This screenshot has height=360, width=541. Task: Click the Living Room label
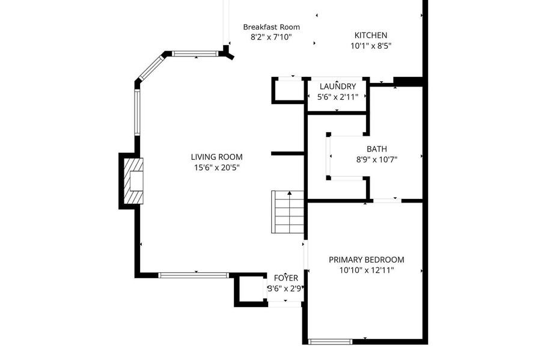[x=216, y=157]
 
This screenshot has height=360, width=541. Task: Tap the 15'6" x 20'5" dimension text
[x=216, y=168]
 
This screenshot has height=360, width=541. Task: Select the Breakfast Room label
[x=271, y=27]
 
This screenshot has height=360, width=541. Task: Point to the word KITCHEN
[x=370, y=35]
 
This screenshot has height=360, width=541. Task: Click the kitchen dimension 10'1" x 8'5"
[x=371, y=46]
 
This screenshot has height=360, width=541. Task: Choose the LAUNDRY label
[x=337, y=86]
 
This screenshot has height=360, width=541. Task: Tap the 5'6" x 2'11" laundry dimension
[x=337, y=97]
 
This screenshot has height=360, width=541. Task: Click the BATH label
[x=376, y=149]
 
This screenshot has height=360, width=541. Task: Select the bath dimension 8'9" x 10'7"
[x=376, y=160]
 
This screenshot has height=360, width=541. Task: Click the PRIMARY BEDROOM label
[x=366, y=260]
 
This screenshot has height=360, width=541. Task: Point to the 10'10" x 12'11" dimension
[x=367, y=270]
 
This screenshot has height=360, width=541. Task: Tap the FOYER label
[x=286, y=278]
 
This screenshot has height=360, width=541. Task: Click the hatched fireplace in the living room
[x=133, y=181]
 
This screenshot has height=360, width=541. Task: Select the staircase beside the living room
[x=287, y=212]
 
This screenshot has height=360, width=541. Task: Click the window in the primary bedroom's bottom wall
[x=330, y=342]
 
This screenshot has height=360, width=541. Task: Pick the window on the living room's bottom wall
[x=194, y=275]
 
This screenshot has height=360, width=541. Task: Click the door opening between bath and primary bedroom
[x=387, y=200]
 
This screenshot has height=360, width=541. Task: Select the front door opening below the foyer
[x=285, y=304]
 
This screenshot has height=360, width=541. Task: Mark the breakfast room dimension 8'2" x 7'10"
[x=271, y=37]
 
